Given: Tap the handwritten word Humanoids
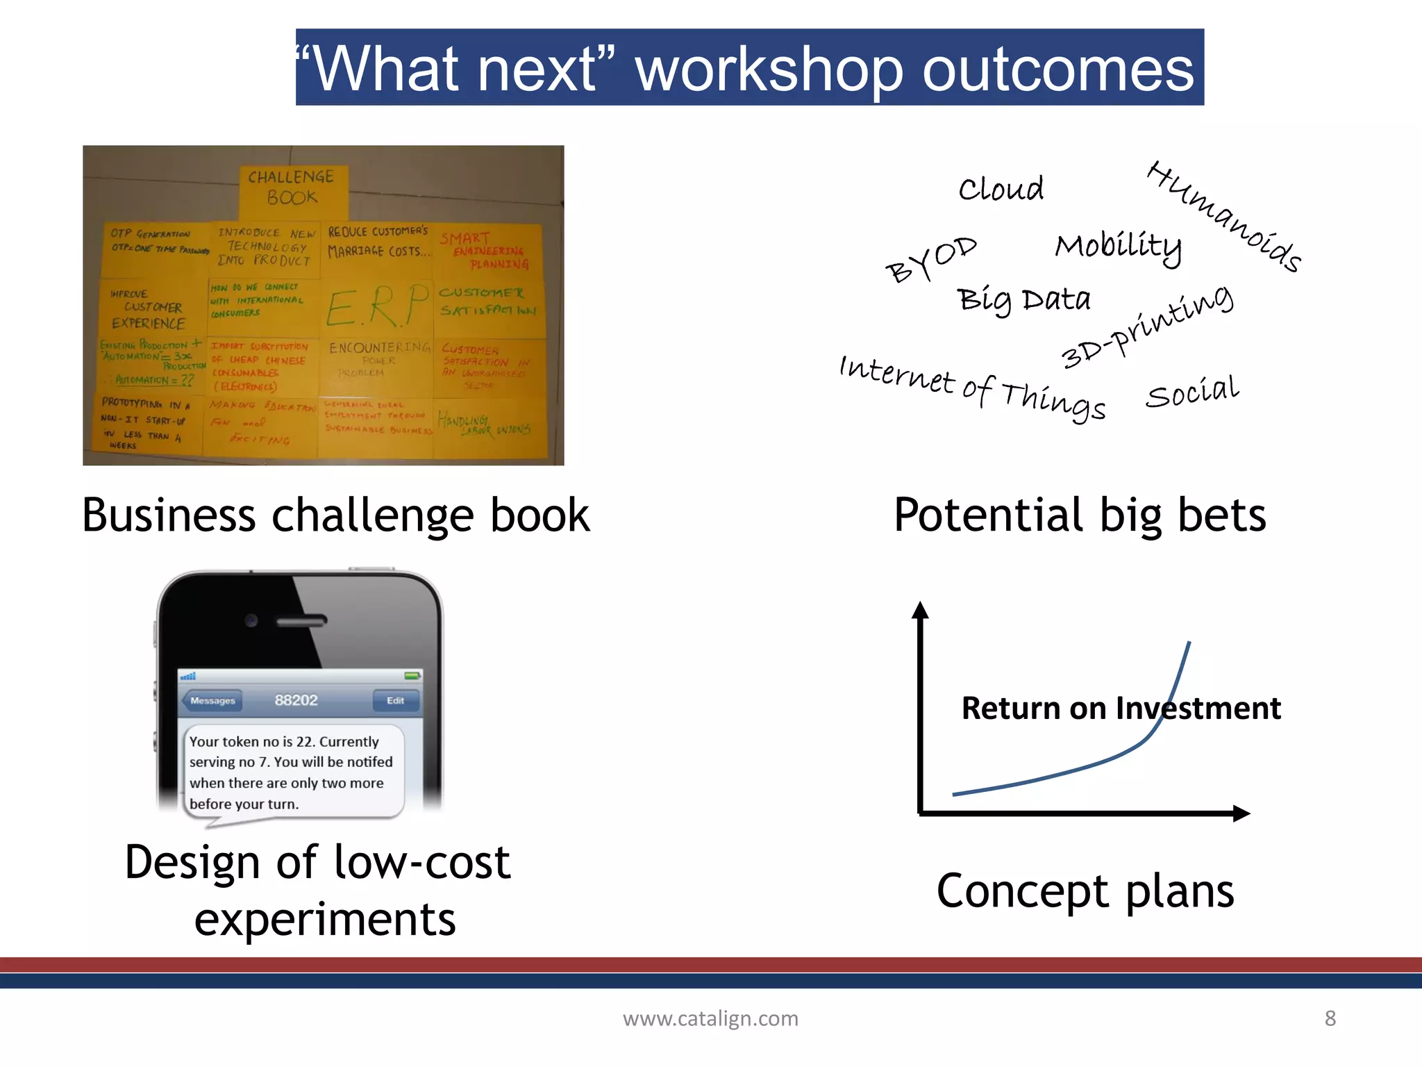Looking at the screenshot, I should pyautogui.click(x=1224, y=216).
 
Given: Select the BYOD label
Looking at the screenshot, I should pyautogui.click(x=930, y=258).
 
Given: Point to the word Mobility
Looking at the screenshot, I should pyautogui.click(x=1118, y=246).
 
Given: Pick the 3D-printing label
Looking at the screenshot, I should pyautogui.click(x=1147, y=326).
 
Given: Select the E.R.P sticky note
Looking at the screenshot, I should pyautogui.click(x=377, y=306).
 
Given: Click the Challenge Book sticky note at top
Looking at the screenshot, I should pyautogui.click(x=292, y=188).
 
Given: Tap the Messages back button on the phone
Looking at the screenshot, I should pyautogui.click(x=212, y=700).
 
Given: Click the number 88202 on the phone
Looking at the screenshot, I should pyautogui.click(x=296, y=700).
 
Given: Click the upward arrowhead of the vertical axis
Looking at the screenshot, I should pyautogui.click(x=920, y=609).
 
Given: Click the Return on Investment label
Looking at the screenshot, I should pyautogui.click(x=1121, y=708).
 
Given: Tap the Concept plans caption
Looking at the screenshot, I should pyautogui.click(x=1085, y=891).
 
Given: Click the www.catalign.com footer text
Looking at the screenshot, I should pyautogui.click(x=710, y=1018).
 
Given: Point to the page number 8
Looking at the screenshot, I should pyautogui.click(x=1330, y=1018).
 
